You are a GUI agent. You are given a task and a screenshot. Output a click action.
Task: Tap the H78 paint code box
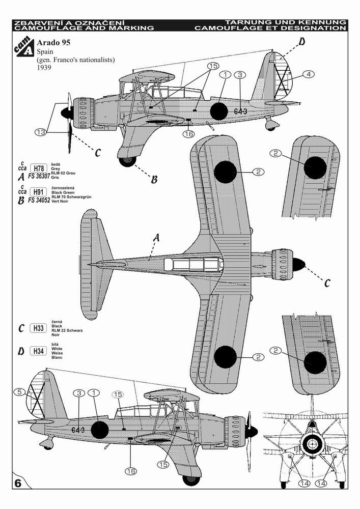click(37, 169)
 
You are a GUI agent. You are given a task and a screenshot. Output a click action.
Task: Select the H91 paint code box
click(37, 191)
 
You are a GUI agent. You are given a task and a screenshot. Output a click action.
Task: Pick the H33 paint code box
click(37, 328)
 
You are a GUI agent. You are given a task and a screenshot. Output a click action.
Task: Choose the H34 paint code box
click(37, 351)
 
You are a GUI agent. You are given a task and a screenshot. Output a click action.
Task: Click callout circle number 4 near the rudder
click(308, 74)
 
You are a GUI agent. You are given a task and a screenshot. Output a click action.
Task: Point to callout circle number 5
click(18, 392)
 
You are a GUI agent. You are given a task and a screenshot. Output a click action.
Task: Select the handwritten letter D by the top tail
click(302, 42)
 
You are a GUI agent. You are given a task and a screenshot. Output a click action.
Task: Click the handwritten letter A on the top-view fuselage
click(157, 237)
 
